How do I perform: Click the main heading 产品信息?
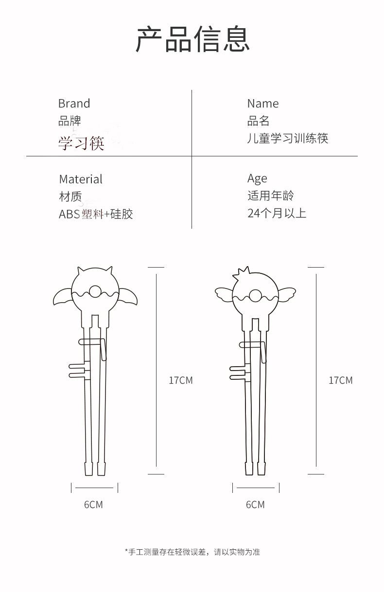[192, 39]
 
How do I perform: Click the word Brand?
[74, 103]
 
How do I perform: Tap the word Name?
[263, 103]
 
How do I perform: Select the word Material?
[81, 179]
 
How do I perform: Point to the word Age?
[257, 179]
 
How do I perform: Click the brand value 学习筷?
[81, 143]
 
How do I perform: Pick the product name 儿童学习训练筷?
[288, 138]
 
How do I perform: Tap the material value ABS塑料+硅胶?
[96, 214]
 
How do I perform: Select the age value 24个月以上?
[277, 213]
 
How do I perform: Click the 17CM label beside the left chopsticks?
[181, 380]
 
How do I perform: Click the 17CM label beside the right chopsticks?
[341, 380]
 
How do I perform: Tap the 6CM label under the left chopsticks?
[93, 505]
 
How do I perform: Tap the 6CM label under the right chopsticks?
[255, 505]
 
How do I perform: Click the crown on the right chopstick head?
[242, 274]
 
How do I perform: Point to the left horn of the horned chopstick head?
[81, 272]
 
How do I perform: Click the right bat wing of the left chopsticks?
[128, 297]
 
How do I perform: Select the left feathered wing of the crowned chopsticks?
[224, 295]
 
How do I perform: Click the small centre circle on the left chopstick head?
[95, 292]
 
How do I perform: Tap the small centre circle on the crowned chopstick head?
[255, 296]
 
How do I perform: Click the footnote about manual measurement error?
[192, 552]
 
